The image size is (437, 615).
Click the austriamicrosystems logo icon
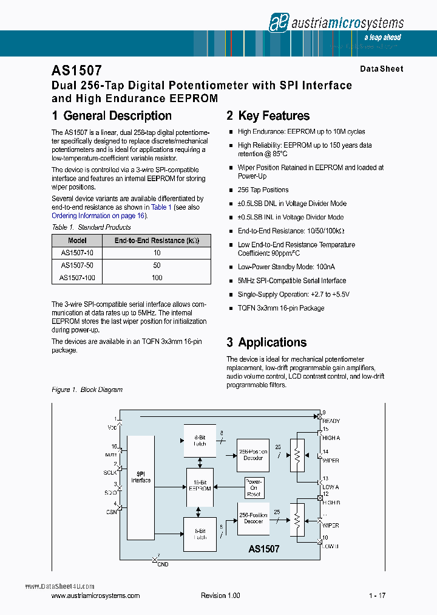tap(278, 22)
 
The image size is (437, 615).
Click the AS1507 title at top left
tap(76, 70)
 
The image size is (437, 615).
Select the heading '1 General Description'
tap(112, 116)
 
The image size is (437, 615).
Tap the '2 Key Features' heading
tap(268, 116)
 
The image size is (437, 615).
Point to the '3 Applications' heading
tap(266, 342)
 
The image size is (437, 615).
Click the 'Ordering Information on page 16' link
tap(98, 216)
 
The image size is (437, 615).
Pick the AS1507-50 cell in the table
tap(77, 266)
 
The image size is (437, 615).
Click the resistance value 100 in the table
tap(157, 278)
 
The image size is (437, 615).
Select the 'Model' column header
tap(77, 241)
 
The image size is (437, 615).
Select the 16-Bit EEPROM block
tap(200, 485)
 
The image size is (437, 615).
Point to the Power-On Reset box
tap(254, 488)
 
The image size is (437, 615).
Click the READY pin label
tap(331, 421)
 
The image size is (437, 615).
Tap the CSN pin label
tap(112, 512)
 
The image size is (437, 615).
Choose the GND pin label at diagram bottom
tap(163, 565)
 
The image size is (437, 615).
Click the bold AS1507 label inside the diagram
tap(264, 549)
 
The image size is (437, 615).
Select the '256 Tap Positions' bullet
tap(263, 190)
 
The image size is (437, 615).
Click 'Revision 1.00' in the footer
tap(220, 596)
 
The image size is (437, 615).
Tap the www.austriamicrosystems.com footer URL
tap(96, 596)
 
